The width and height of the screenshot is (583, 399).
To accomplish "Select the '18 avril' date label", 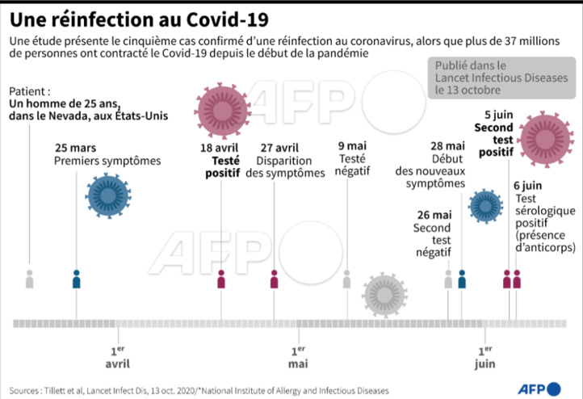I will click(220, 148).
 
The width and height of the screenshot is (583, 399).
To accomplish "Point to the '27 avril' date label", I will click(278, 148).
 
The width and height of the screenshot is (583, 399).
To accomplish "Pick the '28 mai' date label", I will click(449, 146).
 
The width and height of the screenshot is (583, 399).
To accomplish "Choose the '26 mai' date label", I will click(433, 215).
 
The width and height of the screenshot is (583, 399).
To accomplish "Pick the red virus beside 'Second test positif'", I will click(543, 136).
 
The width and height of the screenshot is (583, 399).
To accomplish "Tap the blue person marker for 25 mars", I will click(77, 279).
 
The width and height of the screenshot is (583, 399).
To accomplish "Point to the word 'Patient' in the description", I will click(27, 91).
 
